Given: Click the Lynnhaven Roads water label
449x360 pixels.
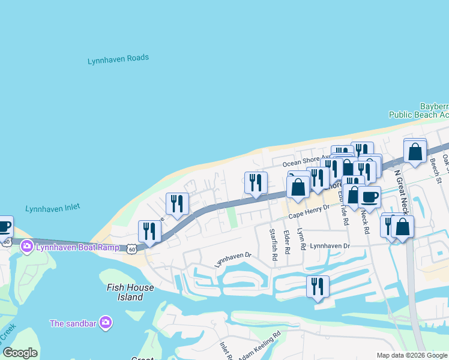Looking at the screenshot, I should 118,59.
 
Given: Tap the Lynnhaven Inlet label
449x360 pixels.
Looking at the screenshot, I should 52,208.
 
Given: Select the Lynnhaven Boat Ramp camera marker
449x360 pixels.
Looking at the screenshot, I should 26,246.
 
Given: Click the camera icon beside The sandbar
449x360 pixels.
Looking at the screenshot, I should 106,323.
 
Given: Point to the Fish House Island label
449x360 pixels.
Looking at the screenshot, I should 130,292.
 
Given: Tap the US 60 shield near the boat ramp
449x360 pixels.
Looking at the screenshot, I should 131,248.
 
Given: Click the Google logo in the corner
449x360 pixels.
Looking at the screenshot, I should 20,353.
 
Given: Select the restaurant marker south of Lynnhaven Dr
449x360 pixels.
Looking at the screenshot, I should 318,286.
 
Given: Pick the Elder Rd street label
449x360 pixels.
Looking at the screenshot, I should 286,241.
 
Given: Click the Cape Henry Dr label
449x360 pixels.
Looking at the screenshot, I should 309,211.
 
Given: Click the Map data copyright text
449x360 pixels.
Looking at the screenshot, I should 412,355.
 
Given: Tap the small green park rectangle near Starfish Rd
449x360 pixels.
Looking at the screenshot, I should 232,218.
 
